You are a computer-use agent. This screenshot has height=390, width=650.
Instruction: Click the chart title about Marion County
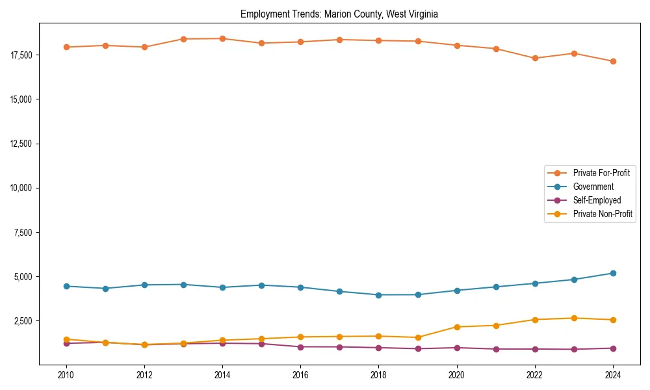343,14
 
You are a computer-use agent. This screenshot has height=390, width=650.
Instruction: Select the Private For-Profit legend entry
601,173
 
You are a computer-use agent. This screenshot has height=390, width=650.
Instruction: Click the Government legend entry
593,187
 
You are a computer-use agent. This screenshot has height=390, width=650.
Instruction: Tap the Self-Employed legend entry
597,200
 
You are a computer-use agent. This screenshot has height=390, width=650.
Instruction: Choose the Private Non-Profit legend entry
603,214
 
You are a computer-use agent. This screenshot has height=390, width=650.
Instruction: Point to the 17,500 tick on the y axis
23,55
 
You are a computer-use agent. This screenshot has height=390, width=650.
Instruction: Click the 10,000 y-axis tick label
23,188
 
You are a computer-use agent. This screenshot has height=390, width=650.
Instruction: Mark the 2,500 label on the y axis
25,321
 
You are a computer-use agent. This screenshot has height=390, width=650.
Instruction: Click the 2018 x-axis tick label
378,375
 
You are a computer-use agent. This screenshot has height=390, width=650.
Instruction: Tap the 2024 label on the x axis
613,375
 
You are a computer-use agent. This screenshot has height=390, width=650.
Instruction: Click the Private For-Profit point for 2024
613,61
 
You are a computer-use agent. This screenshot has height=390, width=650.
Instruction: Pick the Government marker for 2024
613,273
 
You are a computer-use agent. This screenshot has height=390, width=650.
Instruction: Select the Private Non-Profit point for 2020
457,327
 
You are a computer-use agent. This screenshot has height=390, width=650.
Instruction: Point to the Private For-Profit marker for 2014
222,38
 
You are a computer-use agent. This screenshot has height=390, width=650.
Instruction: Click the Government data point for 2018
378,294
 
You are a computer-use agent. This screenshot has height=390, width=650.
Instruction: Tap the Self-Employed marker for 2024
613,348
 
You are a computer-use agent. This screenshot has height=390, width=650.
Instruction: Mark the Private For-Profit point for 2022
535,58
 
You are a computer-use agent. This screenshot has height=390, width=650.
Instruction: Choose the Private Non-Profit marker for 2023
574,318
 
